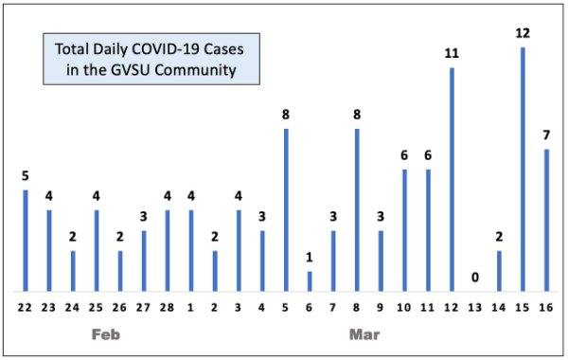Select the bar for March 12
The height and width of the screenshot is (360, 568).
[x=452, y=179]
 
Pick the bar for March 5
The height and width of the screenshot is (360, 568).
[x=286, y=209]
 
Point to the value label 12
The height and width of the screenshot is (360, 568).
[x=523, y=33]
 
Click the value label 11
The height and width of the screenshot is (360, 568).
[x=452, y=54]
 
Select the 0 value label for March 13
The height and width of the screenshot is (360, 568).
[x=475, y=278]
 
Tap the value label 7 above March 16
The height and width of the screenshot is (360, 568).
[x=546, y=135]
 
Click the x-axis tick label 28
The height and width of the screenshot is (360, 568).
[x=168, y=308]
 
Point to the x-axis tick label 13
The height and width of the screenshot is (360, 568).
[x=475, y=308]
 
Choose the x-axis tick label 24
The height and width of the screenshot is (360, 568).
[x=73, y=308]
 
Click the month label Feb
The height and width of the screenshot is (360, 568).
[x=105, y=335]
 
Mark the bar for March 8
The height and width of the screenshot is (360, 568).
[x=357, y=209]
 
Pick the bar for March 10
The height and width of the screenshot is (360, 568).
[x=404, y=229]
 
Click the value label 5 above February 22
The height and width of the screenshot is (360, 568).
[x=26, y=176]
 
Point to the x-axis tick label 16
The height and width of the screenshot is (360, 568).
[x=546, y=308]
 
